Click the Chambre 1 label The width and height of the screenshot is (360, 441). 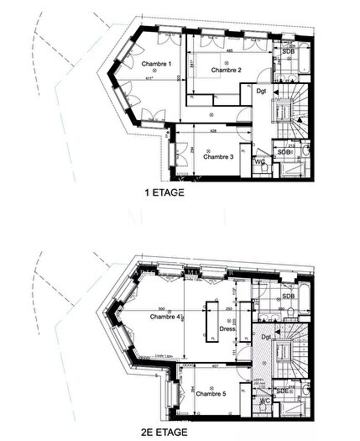pyautogui.click(x=156, y=65)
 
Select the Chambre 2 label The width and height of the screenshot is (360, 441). pyautogui.click(x=227, y=71)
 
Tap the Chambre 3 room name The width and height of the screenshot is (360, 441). pyautogui.click(x=218, y=156)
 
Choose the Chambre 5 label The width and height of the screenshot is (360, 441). pyautogui.click(x=211, y=393)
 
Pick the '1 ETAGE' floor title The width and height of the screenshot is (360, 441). pyautogui.click(x=165, y=192)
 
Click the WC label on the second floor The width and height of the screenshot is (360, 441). pyautogui.click(x=265, y=401)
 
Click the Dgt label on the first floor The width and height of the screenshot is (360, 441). pyautogui.click(x=262, y=91)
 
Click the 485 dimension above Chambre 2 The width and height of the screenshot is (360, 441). pyautogui.click(x=229, y=50)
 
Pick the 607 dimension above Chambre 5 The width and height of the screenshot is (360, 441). pyautogui.click(x=215, y=366)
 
